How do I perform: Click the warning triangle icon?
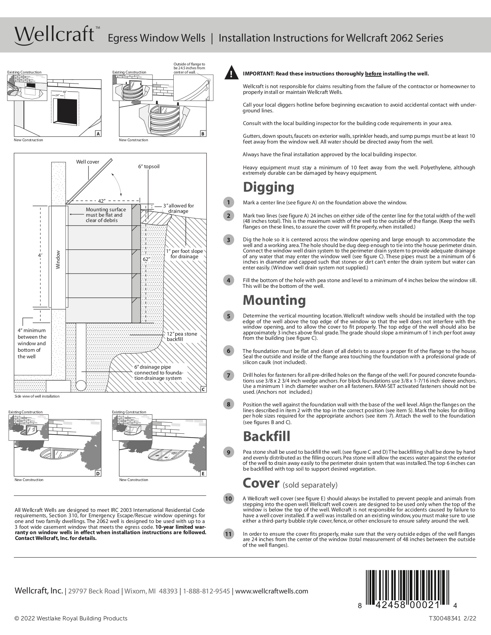point(231,73)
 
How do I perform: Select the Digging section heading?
point(268,187)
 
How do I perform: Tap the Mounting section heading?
point(274,300)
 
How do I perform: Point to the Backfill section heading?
point(266,436)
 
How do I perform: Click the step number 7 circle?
point(228,376)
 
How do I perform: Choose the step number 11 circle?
point(228,534)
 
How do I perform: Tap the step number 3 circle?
point(228,240)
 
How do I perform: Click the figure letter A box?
point(98,134)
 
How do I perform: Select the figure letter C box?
point(203,389)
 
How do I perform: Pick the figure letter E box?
point(203,473)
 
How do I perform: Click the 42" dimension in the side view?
point(102,201)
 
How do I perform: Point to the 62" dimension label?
point(146,259)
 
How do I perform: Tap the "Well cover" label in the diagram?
point(87,162)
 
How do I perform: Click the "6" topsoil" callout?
point(149,167)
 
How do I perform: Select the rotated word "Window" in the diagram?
point(58,260)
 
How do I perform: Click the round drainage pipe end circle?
point(81,385)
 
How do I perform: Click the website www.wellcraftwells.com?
point(271,591)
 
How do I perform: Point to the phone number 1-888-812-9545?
point(206,591)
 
